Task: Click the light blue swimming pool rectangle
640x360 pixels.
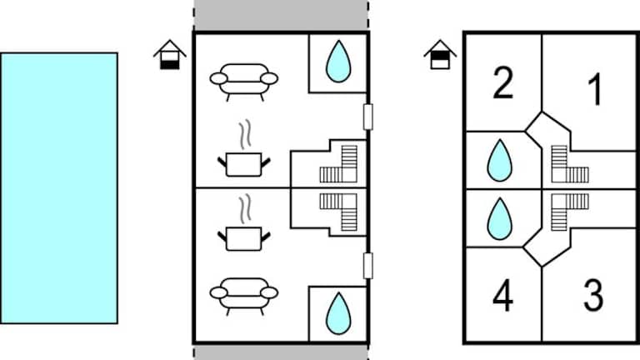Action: (58, 187)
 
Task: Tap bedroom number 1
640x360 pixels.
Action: (593, 90)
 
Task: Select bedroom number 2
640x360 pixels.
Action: (502, 83)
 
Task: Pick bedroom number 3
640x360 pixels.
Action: (592, 296)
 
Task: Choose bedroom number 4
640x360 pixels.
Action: (502, 297)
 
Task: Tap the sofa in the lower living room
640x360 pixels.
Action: (243, 293)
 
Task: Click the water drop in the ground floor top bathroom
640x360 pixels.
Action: (337, 62)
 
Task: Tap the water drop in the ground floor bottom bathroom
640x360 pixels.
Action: (337, 312)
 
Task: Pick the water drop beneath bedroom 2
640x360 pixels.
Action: (499, 160)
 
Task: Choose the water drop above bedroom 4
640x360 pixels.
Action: (499, 218)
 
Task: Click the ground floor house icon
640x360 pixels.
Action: (171, 56)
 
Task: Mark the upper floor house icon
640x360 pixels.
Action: (440, 56)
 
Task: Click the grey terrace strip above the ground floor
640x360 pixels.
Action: (280, 16)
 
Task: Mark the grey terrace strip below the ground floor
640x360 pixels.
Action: (280, 352)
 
